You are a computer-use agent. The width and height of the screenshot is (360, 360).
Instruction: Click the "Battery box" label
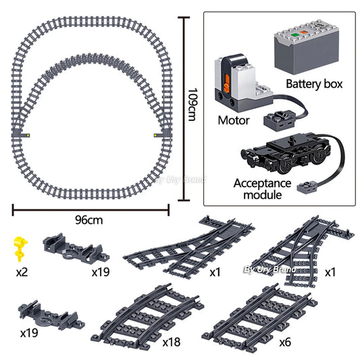click(314, 84)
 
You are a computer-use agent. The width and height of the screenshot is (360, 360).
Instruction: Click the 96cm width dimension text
click(88, 220)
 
